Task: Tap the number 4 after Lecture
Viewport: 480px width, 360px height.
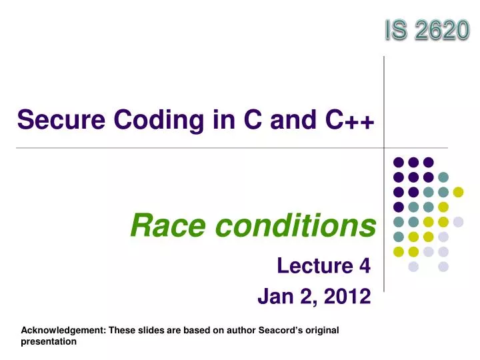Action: coord(364,266)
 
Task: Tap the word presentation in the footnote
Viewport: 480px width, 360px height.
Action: coord(49,341)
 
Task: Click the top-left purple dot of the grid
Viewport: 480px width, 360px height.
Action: coord(399,162)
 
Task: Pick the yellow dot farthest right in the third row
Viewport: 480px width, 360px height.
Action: coord(458,192)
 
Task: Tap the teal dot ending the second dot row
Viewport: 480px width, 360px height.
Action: coord(443,177)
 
